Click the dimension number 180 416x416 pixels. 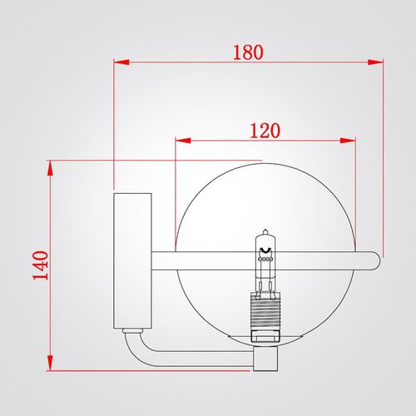(x=248, y=52)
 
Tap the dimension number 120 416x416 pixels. (x=265, y=131)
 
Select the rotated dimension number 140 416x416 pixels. (x=41, y=265)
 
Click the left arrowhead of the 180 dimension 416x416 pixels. (x=121, y=62)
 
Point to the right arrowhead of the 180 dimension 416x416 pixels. (x=375, y=62)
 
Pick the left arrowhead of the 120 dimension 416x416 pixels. (x=183, y=141)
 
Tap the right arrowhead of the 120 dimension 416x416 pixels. (x=348, y=141)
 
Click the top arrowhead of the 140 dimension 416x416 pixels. (x=50, y=168)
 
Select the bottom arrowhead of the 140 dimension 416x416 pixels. (x=50, y=363)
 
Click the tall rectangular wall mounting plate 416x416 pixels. (x=132, y=260)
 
